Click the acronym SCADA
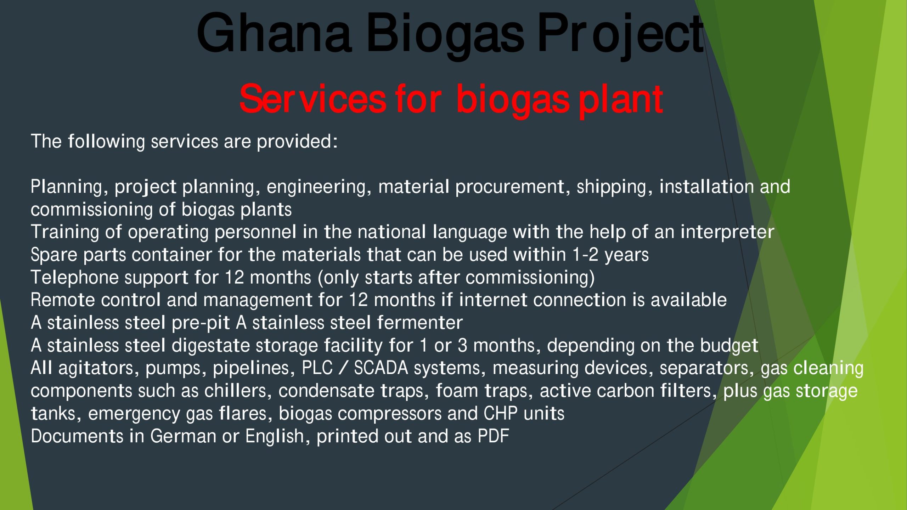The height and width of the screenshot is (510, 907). coord(381,368)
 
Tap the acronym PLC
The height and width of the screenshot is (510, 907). coord(317,368)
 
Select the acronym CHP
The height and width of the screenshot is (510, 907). coord(500,413)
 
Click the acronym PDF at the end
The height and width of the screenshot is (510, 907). coord(493,436)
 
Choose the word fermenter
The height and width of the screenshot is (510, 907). coord(420,322)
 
